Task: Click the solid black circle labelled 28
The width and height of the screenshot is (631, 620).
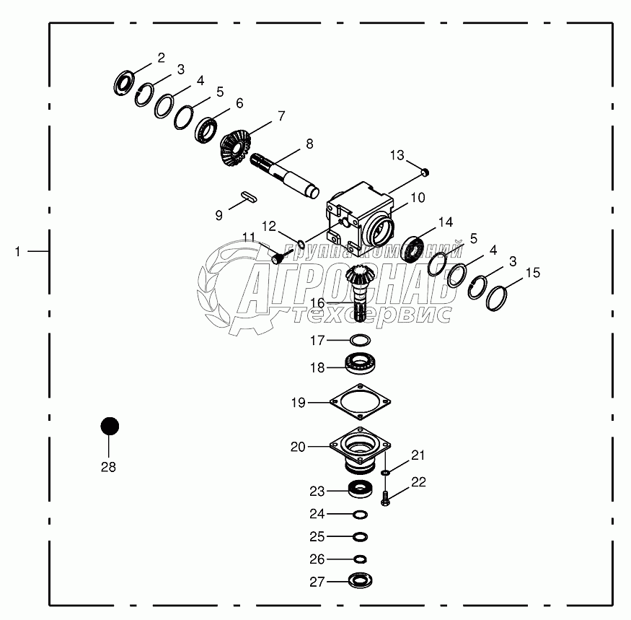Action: coord(109,426)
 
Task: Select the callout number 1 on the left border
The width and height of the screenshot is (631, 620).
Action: coord(17,250)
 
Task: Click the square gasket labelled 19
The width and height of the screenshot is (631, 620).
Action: coord(359,403)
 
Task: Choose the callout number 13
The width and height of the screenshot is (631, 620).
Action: coord(398,154)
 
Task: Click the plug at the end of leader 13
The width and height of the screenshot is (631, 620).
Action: coord(425,171)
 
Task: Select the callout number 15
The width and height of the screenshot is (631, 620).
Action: coord(532,273)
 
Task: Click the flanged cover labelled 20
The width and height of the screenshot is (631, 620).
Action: coord(358,451)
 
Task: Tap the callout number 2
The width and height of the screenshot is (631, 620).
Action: coord(161,58)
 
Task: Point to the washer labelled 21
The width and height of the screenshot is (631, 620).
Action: coord(386,473)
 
